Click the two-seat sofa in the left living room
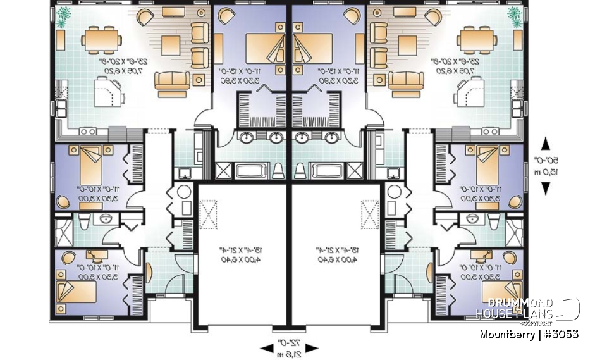click(171, 81)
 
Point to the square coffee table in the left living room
click(171, 46)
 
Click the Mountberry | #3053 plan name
click(529, 334)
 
